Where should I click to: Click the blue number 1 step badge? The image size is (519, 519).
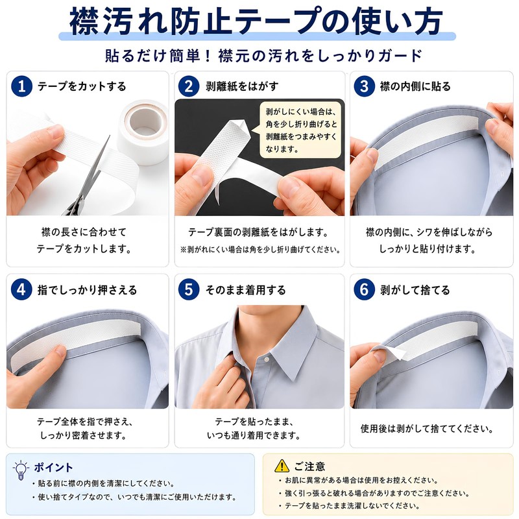tap(21, 86)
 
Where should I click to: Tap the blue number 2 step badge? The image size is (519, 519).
tap(189, 86)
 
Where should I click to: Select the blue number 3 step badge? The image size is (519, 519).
tap(364, 86)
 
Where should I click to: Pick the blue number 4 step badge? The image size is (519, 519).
tap(21, 289)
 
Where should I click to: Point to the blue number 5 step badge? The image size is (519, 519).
tap(189, 289)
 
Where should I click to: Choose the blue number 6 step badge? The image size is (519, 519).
tap(364, 289)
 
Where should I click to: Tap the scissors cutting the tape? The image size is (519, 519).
tap(90, 179)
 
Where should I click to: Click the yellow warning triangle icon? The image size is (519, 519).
tap(282, 465)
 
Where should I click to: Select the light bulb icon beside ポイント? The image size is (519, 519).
tap(21, 469)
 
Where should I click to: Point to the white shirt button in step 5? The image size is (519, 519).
tap(267, 359)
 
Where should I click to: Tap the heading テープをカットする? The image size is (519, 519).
tap(82, 86)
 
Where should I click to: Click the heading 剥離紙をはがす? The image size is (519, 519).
tap(242, 86)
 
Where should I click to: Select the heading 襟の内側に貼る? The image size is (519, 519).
tap(415, 86)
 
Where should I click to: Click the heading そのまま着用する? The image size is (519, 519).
tap(246, 290)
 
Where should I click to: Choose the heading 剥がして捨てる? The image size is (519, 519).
tap(415, 290)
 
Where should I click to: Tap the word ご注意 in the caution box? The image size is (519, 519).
tap(309, 466)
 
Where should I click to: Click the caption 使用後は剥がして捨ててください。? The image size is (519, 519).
tap(428, 429)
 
